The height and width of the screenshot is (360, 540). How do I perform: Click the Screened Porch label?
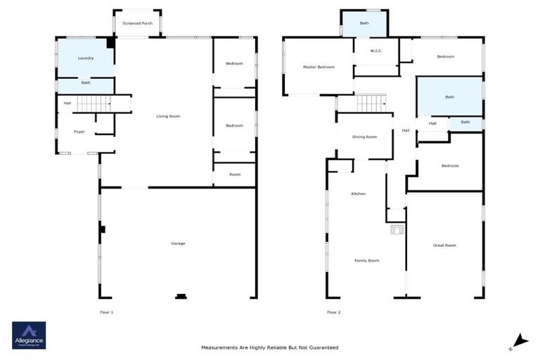pos(137,24)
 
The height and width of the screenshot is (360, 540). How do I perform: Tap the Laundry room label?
pos(86,58)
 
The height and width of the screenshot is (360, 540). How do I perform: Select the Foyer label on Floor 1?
pos(79,131)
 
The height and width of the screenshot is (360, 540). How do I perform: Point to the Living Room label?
pos(168,116)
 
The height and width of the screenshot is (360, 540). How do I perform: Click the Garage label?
pos(178,243)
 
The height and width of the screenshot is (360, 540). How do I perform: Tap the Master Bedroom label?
pos(319,67)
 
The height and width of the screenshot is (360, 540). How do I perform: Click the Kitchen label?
pos(358,193)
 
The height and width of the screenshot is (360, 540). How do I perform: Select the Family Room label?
pos(366,260)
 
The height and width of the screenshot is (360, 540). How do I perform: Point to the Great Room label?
pos(444,245)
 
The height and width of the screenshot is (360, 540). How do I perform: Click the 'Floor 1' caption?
pos(106,311)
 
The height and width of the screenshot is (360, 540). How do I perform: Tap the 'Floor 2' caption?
pos(333,311)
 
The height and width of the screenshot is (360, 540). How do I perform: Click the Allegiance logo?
pos(29,335)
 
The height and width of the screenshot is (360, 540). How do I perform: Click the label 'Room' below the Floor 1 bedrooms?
pos(234,174)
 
